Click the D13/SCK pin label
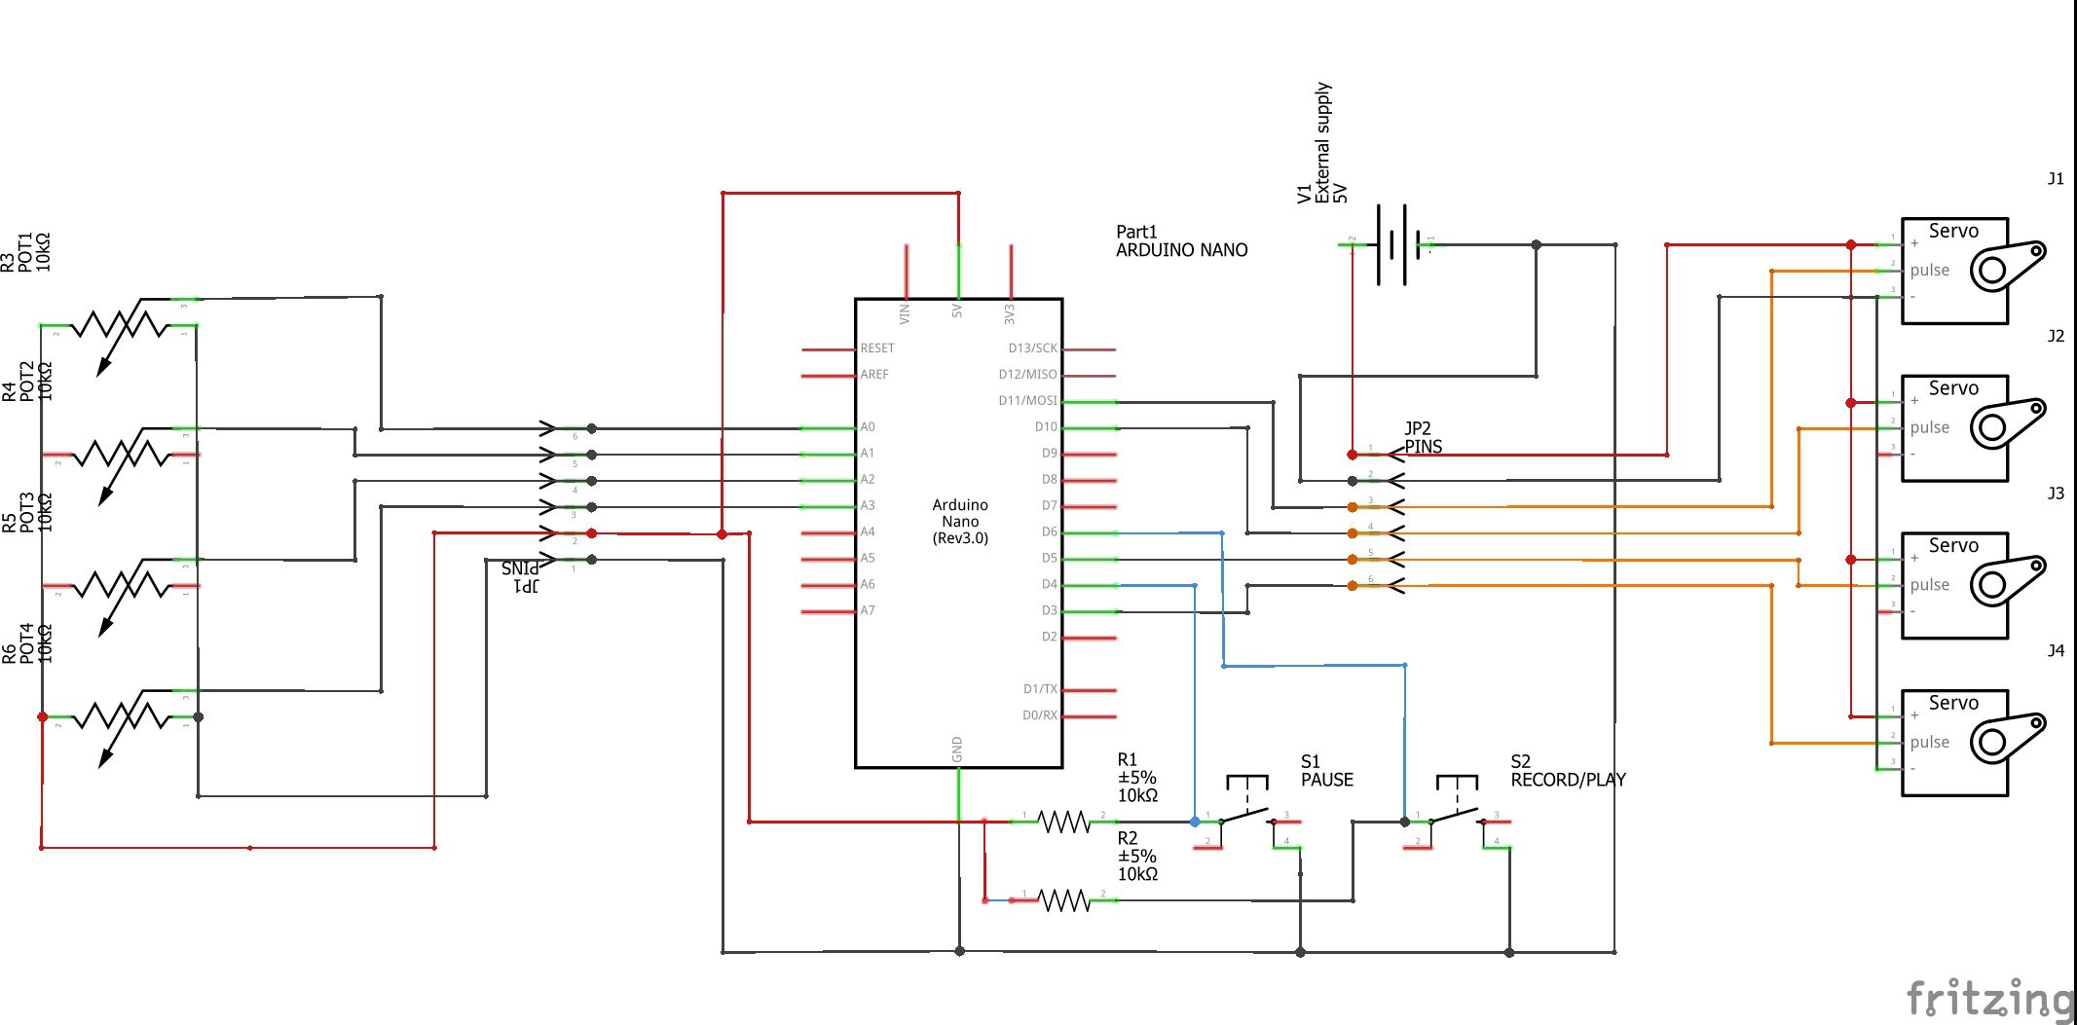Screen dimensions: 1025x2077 click(1032, 348)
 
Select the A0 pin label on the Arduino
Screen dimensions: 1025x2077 click(868, 426)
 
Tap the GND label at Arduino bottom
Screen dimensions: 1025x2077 click(957, 750)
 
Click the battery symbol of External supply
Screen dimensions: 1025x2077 click(1391, 245)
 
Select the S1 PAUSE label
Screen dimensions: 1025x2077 click(1326, 771)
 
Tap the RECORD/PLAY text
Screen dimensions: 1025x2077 click(1568, 780)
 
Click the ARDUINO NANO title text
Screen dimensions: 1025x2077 click(1181, 250)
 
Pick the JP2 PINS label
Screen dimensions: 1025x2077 click(1423, 437)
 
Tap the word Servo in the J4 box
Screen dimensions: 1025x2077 click(1953, 703)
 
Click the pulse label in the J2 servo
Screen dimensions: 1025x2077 click(1929, 427)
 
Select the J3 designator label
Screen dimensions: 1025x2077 click(2056, 494)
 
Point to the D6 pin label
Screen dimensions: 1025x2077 click(1049, 531)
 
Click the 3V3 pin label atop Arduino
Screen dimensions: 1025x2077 click(1010, 314)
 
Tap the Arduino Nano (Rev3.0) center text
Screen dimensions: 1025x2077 click(960, 521)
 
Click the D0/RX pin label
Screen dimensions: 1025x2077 click(1039, 714)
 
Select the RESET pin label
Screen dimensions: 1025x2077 click(876, 348)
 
